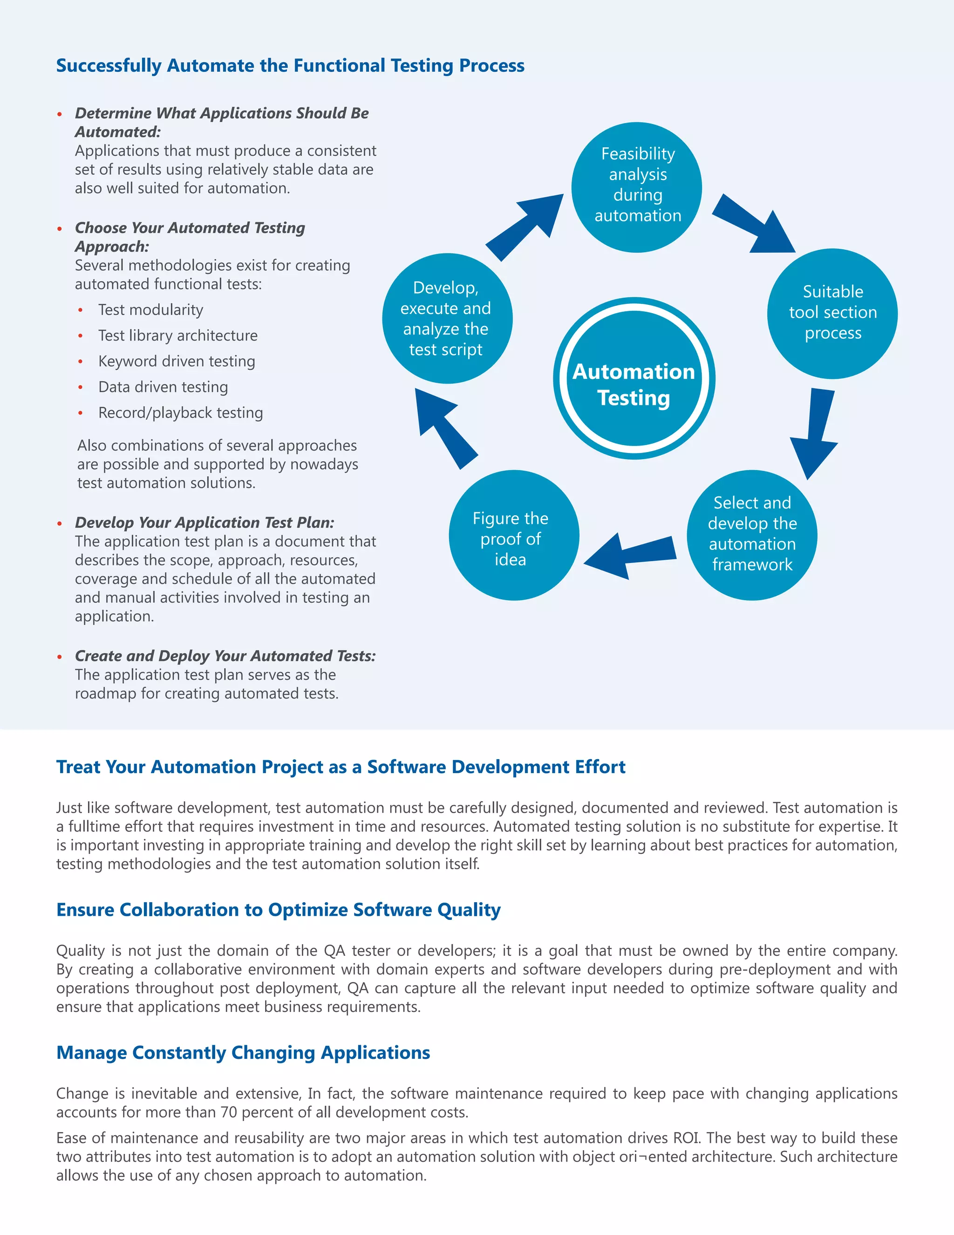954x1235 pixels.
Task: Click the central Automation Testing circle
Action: [x=634, y=378]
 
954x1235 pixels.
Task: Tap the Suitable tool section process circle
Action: [x=832, y=313]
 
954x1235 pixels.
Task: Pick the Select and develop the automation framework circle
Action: [x=752, y=535]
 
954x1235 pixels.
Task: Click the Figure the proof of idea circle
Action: [x=513, y=535]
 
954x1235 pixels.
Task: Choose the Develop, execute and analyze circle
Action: [x=447, y=318]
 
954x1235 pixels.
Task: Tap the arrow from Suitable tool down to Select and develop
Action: [x=815, y=432]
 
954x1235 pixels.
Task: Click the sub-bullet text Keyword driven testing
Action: [x=177, y=361]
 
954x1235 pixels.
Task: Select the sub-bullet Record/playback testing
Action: [x=180, y=412]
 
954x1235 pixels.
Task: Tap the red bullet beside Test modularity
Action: [x=81, y=310]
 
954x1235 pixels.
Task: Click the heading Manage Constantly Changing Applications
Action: [x=243, y=1052]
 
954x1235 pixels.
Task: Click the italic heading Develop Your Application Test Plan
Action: [x=204, y=522]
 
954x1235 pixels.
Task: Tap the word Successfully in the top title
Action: [x=109, y=66]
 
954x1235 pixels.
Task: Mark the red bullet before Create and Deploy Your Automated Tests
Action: [x=59, y=657]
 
